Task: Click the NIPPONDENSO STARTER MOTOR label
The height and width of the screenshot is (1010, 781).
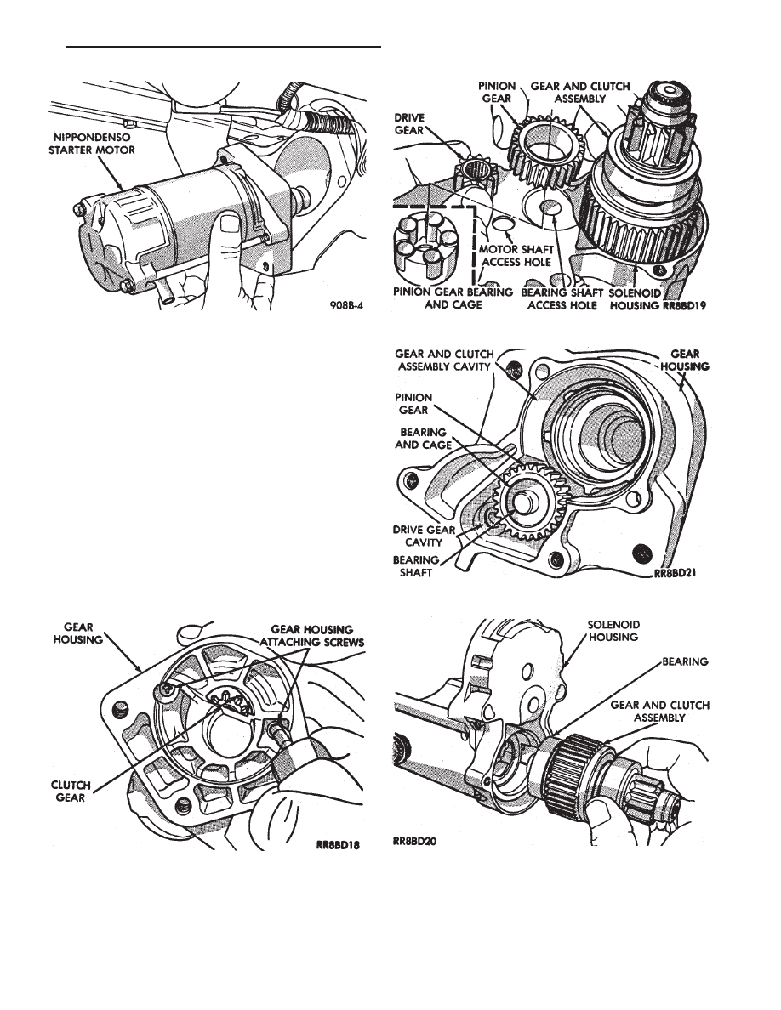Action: (92, 143)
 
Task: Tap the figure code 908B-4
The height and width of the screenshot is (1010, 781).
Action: (346, 307)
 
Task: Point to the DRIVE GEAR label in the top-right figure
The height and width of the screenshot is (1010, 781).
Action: (408, 123)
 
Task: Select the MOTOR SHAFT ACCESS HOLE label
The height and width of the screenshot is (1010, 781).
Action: (516, 256)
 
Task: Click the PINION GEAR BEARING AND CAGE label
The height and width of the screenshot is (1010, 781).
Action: (453, 298)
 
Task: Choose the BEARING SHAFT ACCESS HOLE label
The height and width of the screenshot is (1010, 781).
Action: (562, 298)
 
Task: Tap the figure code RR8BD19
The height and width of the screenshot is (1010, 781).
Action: (683, 305)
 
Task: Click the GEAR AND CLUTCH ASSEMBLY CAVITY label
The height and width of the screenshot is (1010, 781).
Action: (445, 360)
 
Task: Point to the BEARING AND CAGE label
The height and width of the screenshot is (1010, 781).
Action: (423, 438)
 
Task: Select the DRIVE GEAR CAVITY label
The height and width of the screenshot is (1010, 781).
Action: (424, 536)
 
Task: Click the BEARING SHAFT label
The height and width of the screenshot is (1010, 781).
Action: (416, 566)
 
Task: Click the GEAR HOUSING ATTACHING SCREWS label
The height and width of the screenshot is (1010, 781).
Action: (312, 635)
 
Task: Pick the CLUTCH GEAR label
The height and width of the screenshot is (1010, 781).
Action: (71, 792)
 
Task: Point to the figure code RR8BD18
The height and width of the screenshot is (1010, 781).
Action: (337, 846)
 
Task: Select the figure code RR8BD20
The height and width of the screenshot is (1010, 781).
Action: (414, 840)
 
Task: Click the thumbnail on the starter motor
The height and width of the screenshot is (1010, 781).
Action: (227, 224)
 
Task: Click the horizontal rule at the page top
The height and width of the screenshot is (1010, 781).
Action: (224, 47)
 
